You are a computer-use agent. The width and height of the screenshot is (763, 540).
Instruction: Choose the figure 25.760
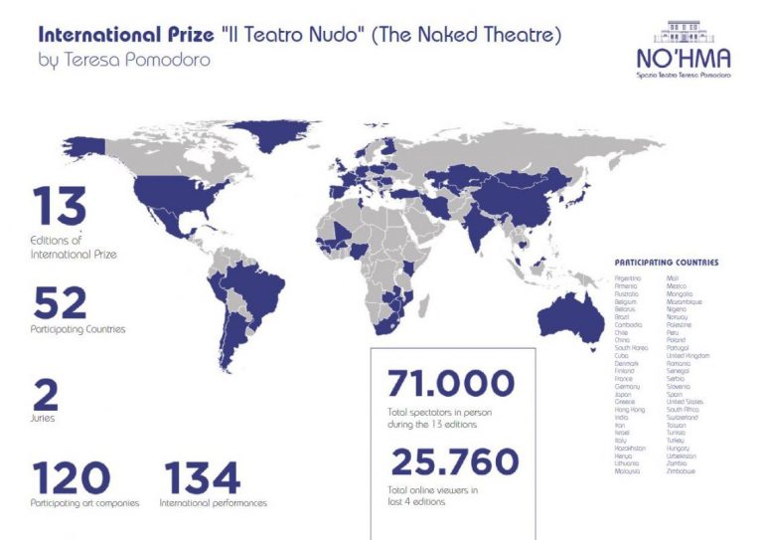(454, 462)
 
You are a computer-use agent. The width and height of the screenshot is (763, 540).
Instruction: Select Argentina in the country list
(628, 276)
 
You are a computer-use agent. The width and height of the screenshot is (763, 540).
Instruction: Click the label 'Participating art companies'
(85, 503)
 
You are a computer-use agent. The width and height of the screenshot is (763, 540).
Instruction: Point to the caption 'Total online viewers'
(428, 490)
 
